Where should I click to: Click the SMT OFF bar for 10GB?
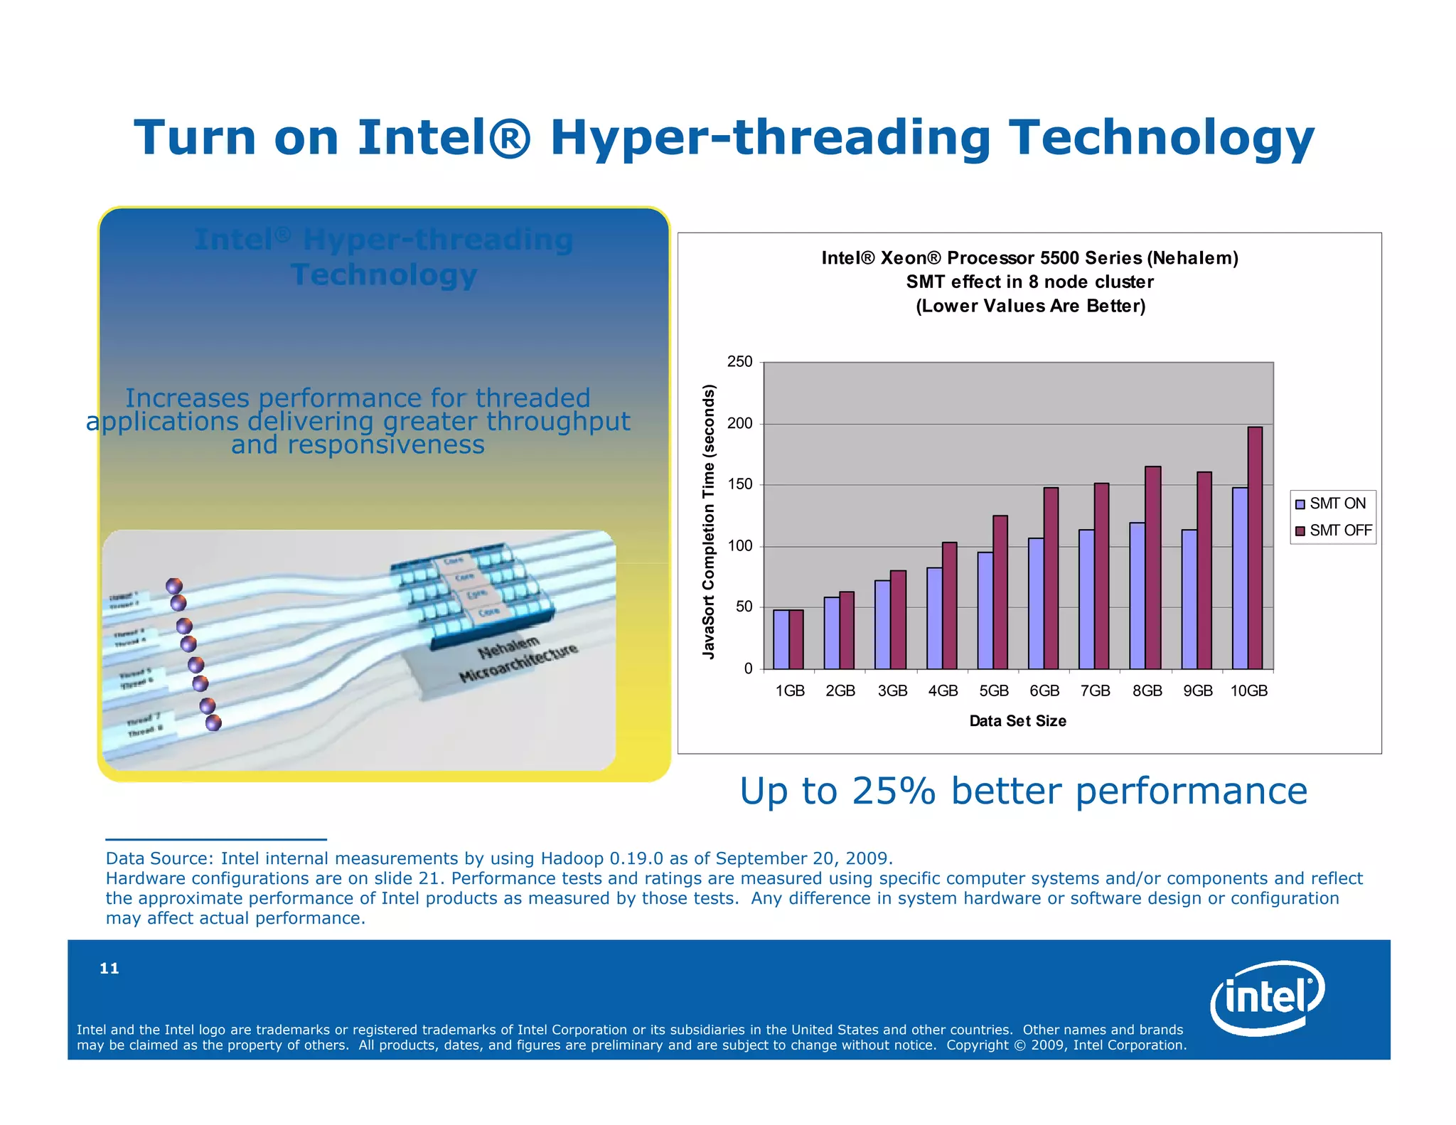(x=1255, y=548)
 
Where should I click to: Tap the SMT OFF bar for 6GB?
(x=1051, y=578)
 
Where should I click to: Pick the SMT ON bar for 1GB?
(x=781, y=639)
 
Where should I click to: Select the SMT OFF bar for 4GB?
(x=949, y=605)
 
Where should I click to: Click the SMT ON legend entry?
(x=1332, y=503)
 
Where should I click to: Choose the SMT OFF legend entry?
(x=1334, y=530)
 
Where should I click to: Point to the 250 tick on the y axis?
(x=739, y=362)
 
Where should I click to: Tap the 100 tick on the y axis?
(x=739, y=546)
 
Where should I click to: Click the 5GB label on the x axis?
(x=993, y=691)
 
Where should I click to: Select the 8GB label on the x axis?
(x=1147, y=691)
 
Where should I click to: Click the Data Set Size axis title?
(x=1017, y=721)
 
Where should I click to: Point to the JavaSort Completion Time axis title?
(x=708, y=521)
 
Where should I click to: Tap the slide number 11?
(x=109, y=968)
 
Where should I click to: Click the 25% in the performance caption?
(x=894, y=791)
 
